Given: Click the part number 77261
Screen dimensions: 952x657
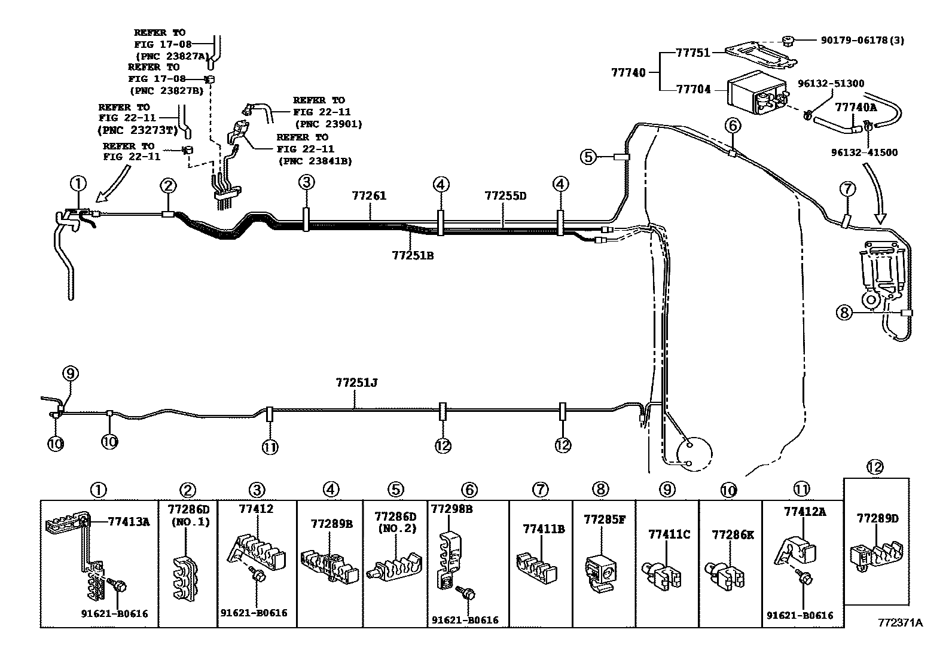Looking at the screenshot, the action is click(x=369, y=195).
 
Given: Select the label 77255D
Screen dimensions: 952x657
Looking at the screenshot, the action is click(x=505, y=195).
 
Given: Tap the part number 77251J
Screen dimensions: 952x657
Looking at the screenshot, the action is click(x=356, y=383).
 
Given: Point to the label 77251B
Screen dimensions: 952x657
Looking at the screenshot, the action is click(x=413, y=255).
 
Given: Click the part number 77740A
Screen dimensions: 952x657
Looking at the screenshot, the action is click(x=856, y=107).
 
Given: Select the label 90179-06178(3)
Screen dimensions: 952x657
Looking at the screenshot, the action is click(x=862, y=41).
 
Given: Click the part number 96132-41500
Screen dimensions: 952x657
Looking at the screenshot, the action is click(x=865, y=152).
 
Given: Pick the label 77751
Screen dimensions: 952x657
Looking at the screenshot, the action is click(x=692, y=52).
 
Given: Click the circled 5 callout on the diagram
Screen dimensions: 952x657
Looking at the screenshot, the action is click(x=588, y=157).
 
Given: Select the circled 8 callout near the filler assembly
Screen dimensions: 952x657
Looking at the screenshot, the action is click(x=844, y=313).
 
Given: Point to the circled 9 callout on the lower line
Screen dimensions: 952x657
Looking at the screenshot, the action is click(x=71, y=374).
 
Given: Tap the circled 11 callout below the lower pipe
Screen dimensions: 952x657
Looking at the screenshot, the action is click(x=270, y=447).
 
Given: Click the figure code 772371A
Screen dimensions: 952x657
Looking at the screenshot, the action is click(x=901, y=623).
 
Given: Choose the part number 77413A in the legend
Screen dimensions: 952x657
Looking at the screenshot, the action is click(x=129, y=521).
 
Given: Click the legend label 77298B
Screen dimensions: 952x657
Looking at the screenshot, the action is click(x=451, y=509).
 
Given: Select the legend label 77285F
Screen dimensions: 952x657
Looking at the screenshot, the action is click(x=605, y=520).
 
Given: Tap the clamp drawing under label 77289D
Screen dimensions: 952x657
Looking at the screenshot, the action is click(x=876, y=555).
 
